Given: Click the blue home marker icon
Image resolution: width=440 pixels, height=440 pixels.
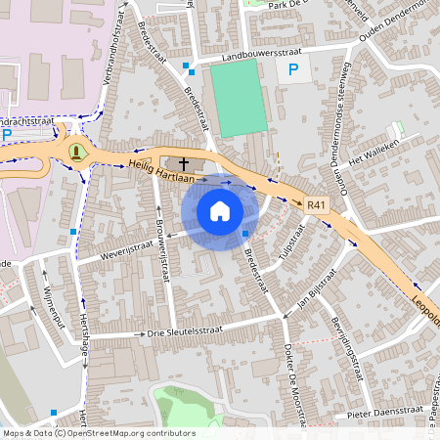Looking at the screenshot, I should point(220,211).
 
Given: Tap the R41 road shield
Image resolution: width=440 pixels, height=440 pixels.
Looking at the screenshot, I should point(315,205).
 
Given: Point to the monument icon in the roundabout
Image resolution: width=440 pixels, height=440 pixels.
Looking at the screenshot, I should point(76,151).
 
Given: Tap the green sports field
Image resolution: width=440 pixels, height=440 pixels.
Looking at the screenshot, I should point(238,98).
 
